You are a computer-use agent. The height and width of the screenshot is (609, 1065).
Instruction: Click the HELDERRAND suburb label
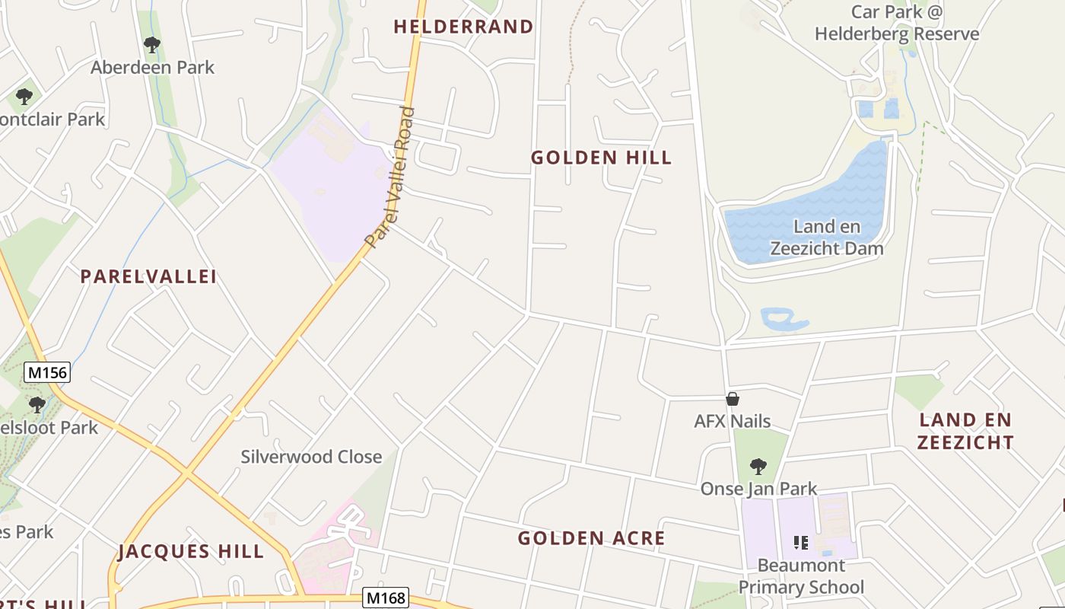tap(463, 27)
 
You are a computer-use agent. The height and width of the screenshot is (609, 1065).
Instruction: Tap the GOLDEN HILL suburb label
tap(601, 158)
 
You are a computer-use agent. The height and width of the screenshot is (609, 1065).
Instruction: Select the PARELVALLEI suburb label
tap(149, 276)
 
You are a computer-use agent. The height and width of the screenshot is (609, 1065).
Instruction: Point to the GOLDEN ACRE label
tap(591, 538)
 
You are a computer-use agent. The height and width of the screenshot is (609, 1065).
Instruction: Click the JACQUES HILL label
tap(191, 551)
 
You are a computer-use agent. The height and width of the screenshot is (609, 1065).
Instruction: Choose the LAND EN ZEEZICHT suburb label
tap(965, 431)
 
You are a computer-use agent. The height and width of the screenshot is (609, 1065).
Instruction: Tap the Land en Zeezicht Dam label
tap(827, 238)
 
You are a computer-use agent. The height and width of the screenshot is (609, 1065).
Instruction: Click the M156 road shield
tap(47, 372)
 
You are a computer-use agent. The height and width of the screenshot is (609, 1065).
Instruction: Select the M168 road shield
tap(385, 598)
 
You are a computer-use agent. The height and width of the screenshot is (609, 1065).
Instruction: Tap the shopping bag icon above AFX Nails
tap(733, 398)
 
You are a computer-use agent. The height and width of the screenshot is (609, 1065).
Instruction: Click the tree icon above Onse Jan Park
tap(758, 466)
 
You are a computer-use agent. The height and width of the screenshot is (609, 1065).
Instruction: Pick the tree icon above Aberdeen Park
tap(152, 45)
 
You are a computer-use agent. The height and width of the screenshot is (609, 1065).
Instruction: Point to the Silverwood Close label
tap(311, 457)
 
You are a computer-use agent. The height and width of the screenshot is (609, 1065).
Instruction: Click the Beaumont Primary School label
tap(802, 576)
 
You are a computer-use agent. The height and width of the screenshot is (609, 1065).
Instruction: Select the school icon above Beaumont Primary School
tap(800, 542)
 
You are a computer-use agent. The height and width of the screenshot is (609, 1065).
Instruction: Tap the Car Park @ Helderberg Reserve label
tap(897, 23)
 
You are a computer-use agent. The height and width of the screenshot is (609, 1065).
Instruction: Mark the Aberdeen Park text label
tap(153, 67)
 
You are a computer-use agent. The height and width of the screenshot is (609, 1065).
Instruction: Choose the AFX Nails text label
tap(732, 421)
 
